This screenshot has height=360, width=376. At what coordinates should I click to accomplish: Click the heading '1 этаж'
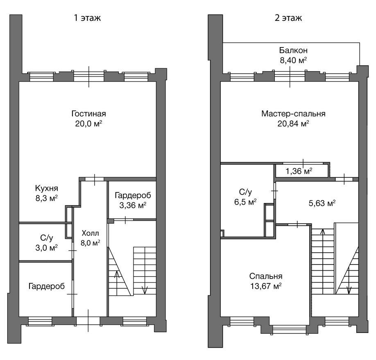click(87, 18)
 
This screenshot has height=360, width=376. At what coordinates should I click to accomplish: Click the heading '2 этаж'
click(288, 18)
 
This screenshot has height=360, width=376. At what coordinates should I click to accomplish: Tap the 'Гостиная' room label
click(88, 113)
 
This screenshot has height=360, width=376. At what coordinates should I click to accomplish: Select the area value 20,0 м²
click(88, 124)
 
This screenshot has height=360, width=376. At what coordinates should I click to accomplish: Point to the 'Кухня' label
click(47, 188)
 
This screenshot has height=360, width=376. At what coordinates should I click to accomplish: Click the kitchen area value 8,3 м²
click(47, 198)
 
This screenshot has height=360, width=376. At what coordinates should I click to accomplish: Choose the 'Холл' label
click(90, 233)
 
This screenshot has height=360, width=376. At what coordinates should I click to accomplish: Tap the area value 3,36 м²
click(133, 205)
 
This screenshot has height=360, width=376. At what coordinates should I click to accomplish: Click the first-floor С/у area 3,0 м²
click(47, 248)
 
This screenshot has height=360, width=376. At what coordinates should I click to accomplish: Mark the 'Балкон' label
click(293, 50)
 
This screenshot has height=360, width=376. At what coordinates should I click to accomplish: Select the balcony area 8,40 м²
click(293, 60)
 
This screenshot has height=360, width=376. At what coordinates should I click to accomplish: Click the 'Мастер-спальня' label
click(293, 113)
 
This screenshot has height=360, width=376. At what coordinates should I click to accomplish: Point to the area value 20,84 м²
click(293, 124)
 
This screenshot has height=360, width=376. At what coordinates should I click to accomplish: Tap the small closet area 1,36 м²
click(299, 171)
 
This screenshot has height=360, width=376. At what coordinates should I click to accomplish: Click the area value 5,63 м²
click(322, 204)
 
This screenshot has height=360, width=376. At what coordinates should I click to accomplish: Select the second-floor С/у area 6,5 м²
click(245, 202)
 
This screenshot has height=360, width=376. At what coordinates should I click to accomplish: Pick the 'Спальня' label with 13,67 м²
click(266, 276)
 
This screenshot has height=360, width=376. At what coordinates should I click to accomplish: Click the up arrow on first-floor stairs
click(117, 283)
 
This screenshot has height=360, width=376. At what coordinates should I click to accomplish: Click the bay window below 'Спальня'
click(290, 329)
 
